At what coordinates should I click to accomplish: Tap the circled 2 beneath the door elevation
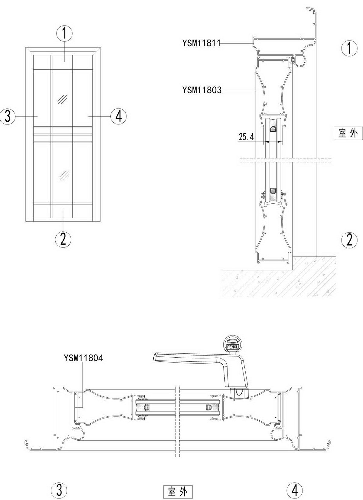pyautogui.click(x=63, y=239)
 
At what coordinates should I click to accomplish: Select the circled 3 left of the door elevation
pyautogui.click(x=7, y=117)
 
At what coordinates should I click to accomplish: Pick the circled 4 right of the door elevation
pyautogui.click(x=119, y=116)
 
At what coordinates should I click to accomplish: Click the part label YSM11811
pyautogui.click(x=201, y=43)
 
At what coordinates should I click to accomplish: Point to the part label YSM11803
pyautogui.click(x=202, y=90)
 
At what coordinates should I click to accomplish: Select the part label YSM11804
pyautogui.click(x=83, y=358)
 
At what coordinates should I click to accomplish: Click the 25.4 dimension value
pyautogui.click(x=246, y=137)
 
